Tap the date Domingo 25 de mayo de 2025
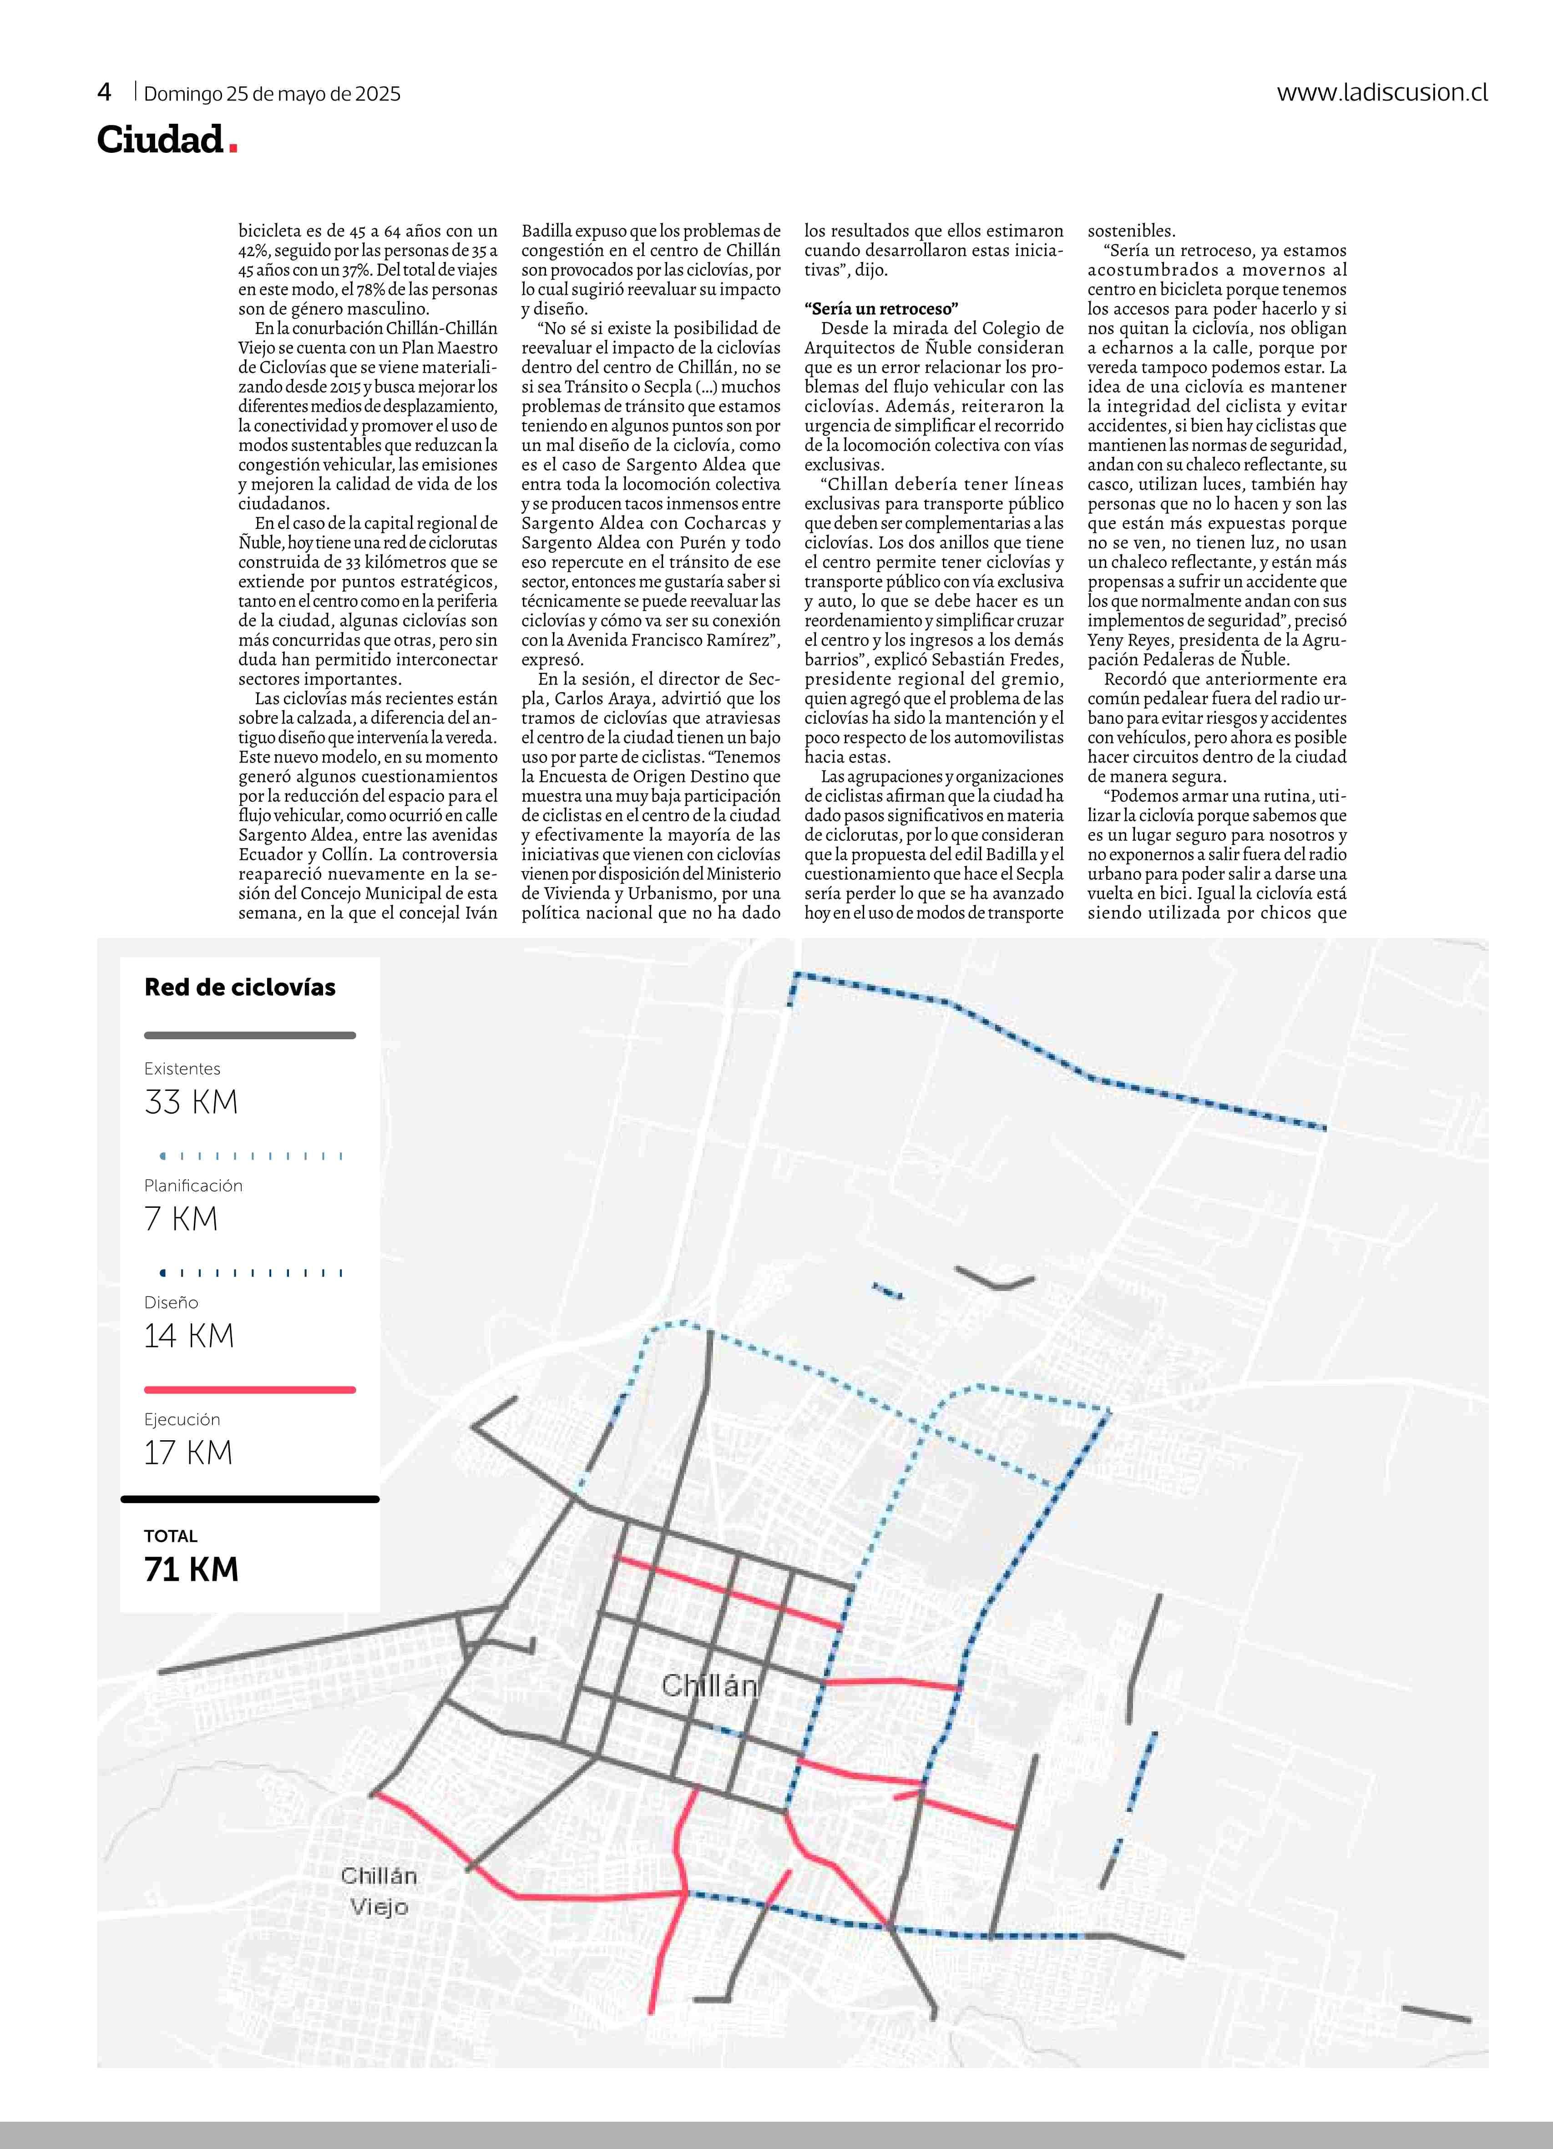[272, 94]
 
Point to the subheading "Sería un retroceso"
[881, 309]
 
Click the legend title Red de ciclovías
[240, 987]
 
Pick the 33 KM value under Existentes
[192, 1102]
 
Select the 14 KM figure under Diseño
[188, 1336]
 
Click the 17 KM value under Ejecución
[187, 1453]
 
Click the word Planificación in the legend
[193, 1185]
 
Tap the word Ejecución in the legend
[182, 1419]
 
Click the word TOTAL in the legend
[171, 1536]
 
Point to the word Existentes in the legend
[182, 1069]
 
